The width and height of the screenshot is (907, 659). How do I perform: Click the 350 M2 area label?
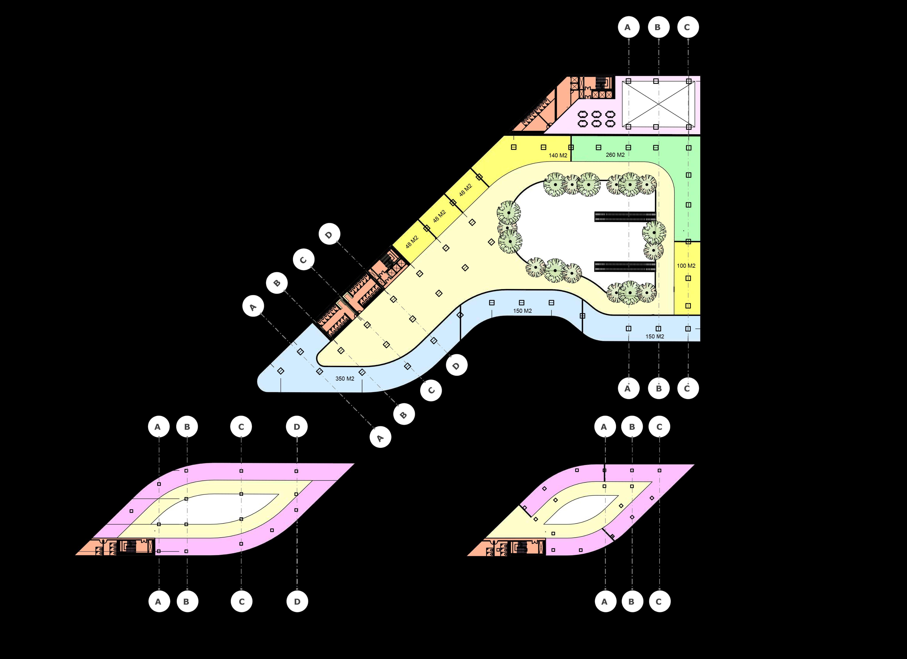tap(345, 378)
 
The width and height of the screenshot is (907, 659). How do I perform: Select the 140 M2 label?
tap(558, 155)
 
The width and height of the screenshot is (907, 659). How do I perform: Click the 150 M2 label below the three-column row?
tap(522, 311)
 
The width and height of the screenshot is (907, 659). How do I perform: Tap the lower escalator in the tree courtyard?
tap(625, 266)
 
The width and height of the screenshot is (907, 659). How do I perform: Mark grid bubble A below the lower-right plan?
tap(604, 601)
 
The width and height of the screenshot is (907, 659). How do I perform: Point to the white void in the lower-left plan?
tap(224, 508)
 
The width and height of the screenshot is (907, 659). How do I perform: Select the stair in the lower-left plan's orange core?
tap(131, 547)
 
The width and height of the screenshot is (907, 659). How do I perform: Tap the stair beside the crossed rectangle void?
tap(601, 83)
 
